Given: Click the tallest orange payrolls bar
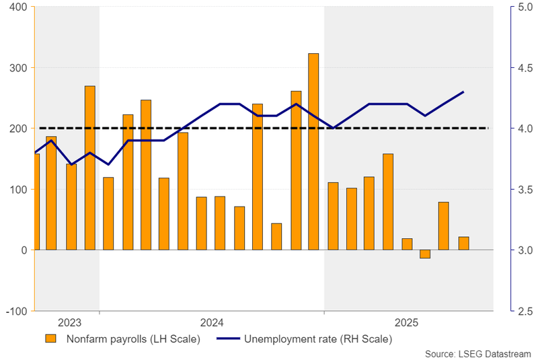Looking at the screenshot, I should (313, 151).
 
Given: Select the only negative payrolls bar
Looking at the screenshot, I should (424, 254).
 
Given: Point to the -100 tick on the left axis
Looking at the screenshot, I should (16, 312).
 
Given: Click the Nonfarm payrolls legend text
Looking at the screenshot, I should (133, 338).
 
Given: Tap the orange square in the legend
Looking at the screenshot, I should (50, 338).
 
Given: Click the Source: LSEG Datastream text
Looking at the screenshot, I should (478, 353).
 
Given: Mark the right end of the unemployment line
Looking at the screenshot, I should (463, 92).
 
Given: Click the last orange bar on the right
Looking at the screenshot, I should (463, 243).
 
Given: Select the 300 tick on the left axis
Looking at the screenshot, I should (17, 68).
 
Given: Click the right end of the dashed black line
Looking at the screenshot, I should (488, 128).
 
